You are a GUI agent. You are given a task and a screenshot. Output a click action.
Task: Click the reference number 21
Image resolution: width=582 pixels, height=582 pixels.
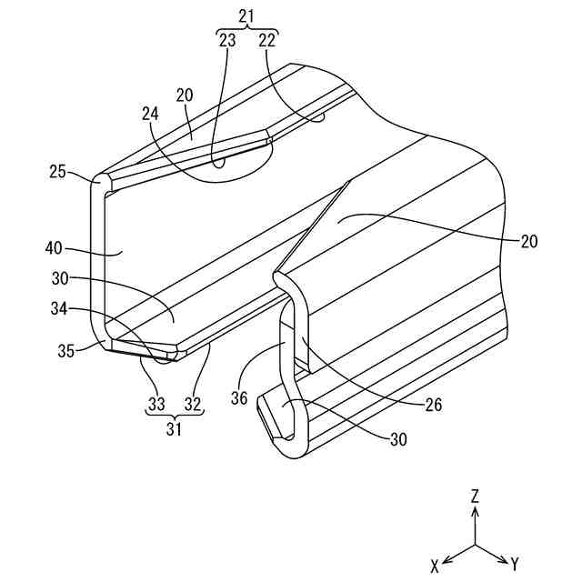coord(246,16)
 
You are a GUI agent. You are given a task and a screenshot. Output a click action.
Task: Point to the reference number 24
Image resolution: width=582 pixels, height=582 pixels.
coord(152,115)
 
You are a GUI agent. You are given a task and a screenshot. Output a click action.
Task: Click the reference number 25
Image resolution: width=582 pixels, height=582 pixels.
coord(56,172)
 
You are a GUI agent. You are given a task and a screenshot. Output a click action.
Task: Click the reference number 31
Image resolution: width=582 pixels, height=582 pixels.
coord(175,428)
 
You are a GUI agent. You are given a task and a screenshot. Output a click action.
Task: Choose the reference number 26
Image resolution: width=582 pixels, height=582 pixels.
coord(433,404)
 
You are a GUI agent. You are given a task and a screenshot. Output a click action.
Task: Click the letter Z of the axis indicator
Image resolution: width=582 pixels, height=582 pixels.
coord(475,496)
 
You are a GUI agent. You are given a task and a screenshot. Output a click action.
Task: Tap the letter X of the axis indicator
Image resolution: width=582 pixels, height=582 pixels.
coord(436,566)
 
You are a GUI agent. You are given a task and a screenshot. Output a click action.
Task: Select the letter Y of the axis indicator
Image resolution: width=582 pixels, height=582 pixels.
coord(515,565)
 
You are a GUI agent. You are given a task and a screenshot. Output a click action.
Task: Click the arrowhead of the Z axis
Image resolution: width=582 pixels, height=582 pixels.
coord(475,512)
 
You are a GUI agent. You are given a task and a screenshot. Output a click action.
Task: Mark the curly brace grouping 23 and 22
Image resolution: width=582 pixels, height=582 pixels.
coord(246,31)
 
